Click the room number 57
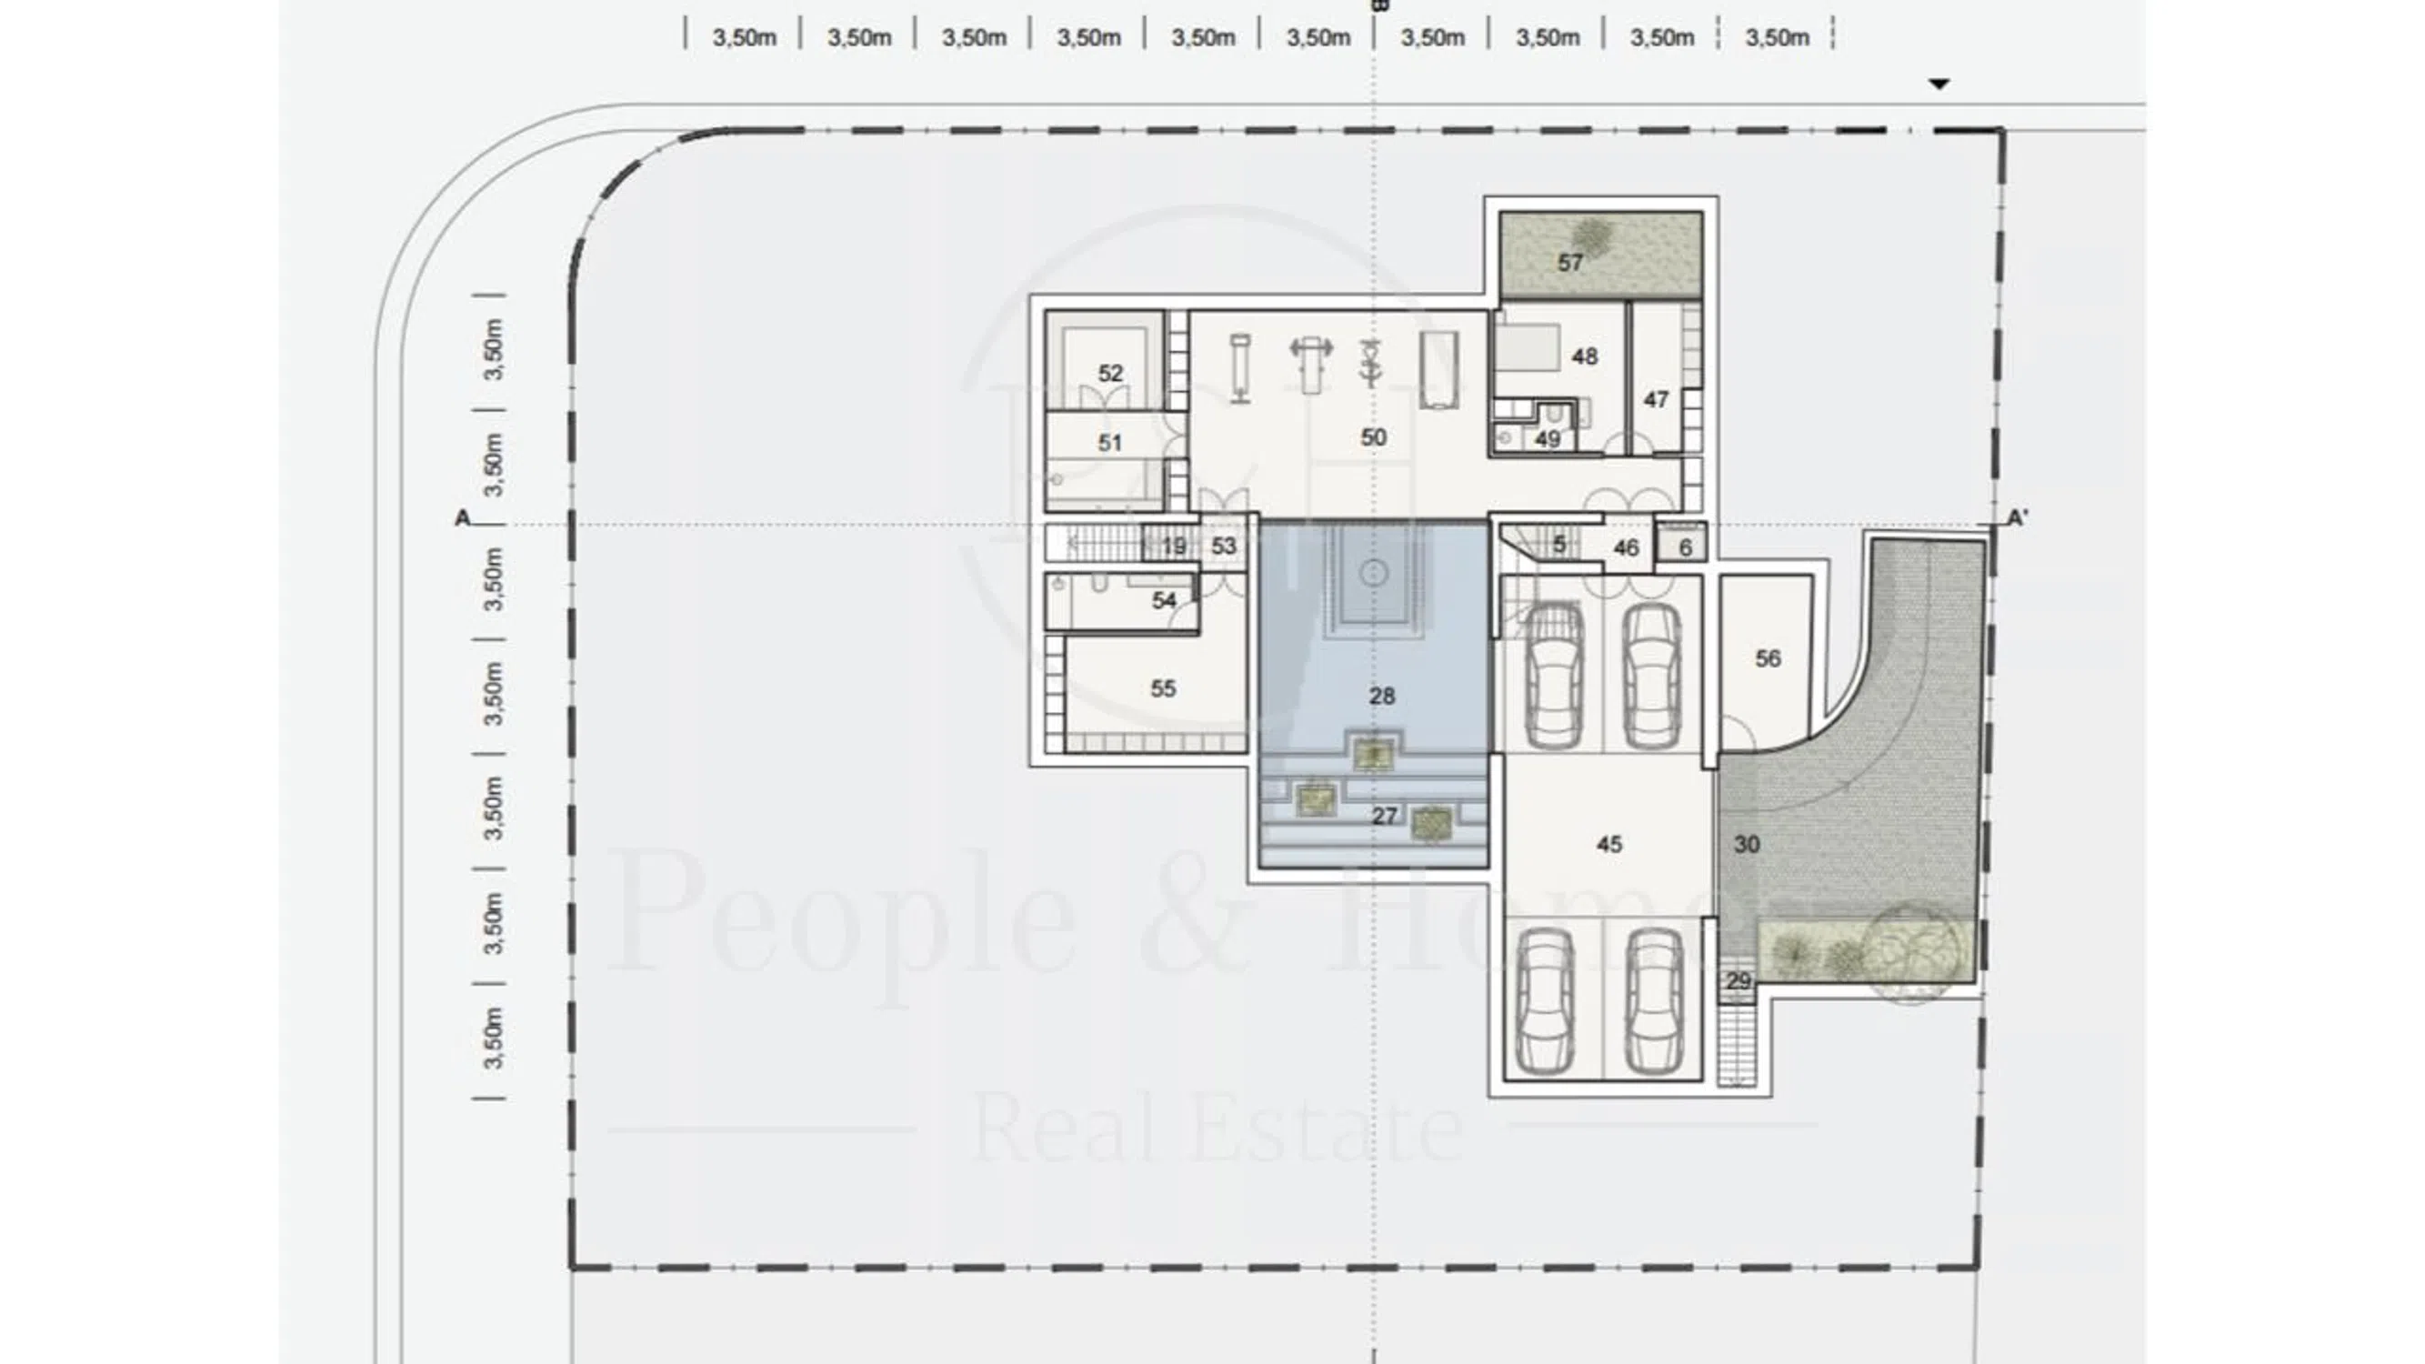tap(1570, 263)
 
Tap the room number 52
tap(1111, 374)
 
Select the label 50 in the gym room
tap(1374, 437)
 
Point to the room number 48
tap(1584, 356)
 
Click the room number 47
tap(1656, 400)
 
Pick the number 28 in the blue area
tap(1382, 697)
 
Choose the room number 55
tap(1164, 689)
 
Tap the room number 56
tap(1768, 659)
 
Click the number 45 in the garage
tap(1609, 845)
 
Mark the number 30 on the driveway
tap(1748, 845)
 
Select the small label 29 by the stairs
tap(1739, 982)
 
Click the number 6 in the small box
tap(1686, 547)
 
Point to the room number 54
tap(1165, 600)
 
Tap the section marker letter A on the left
tap(462, 518)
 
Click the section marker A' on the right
tap(2018, 517)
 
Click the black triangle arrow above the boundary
tap(1939, 84)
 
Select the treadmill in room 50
tap(1439, 370)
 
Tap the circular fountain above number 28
tap(1374, 573)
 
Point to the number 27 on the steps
tap(1384, 817)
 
